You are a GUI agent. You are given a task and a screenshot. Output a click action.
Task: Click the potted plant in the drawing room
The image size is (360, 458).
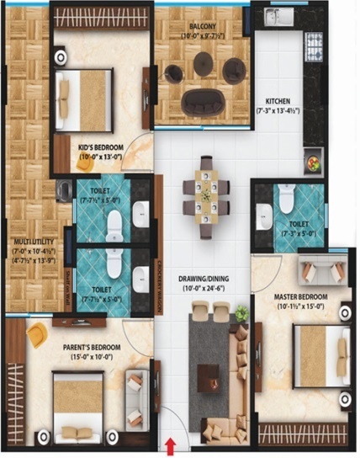pyautogui.click(x=242, y=313)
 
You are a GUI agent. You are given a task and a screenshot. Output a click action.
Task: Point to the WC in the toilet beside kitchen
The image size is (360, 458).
pyautogui.click(x=286, y=198)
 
